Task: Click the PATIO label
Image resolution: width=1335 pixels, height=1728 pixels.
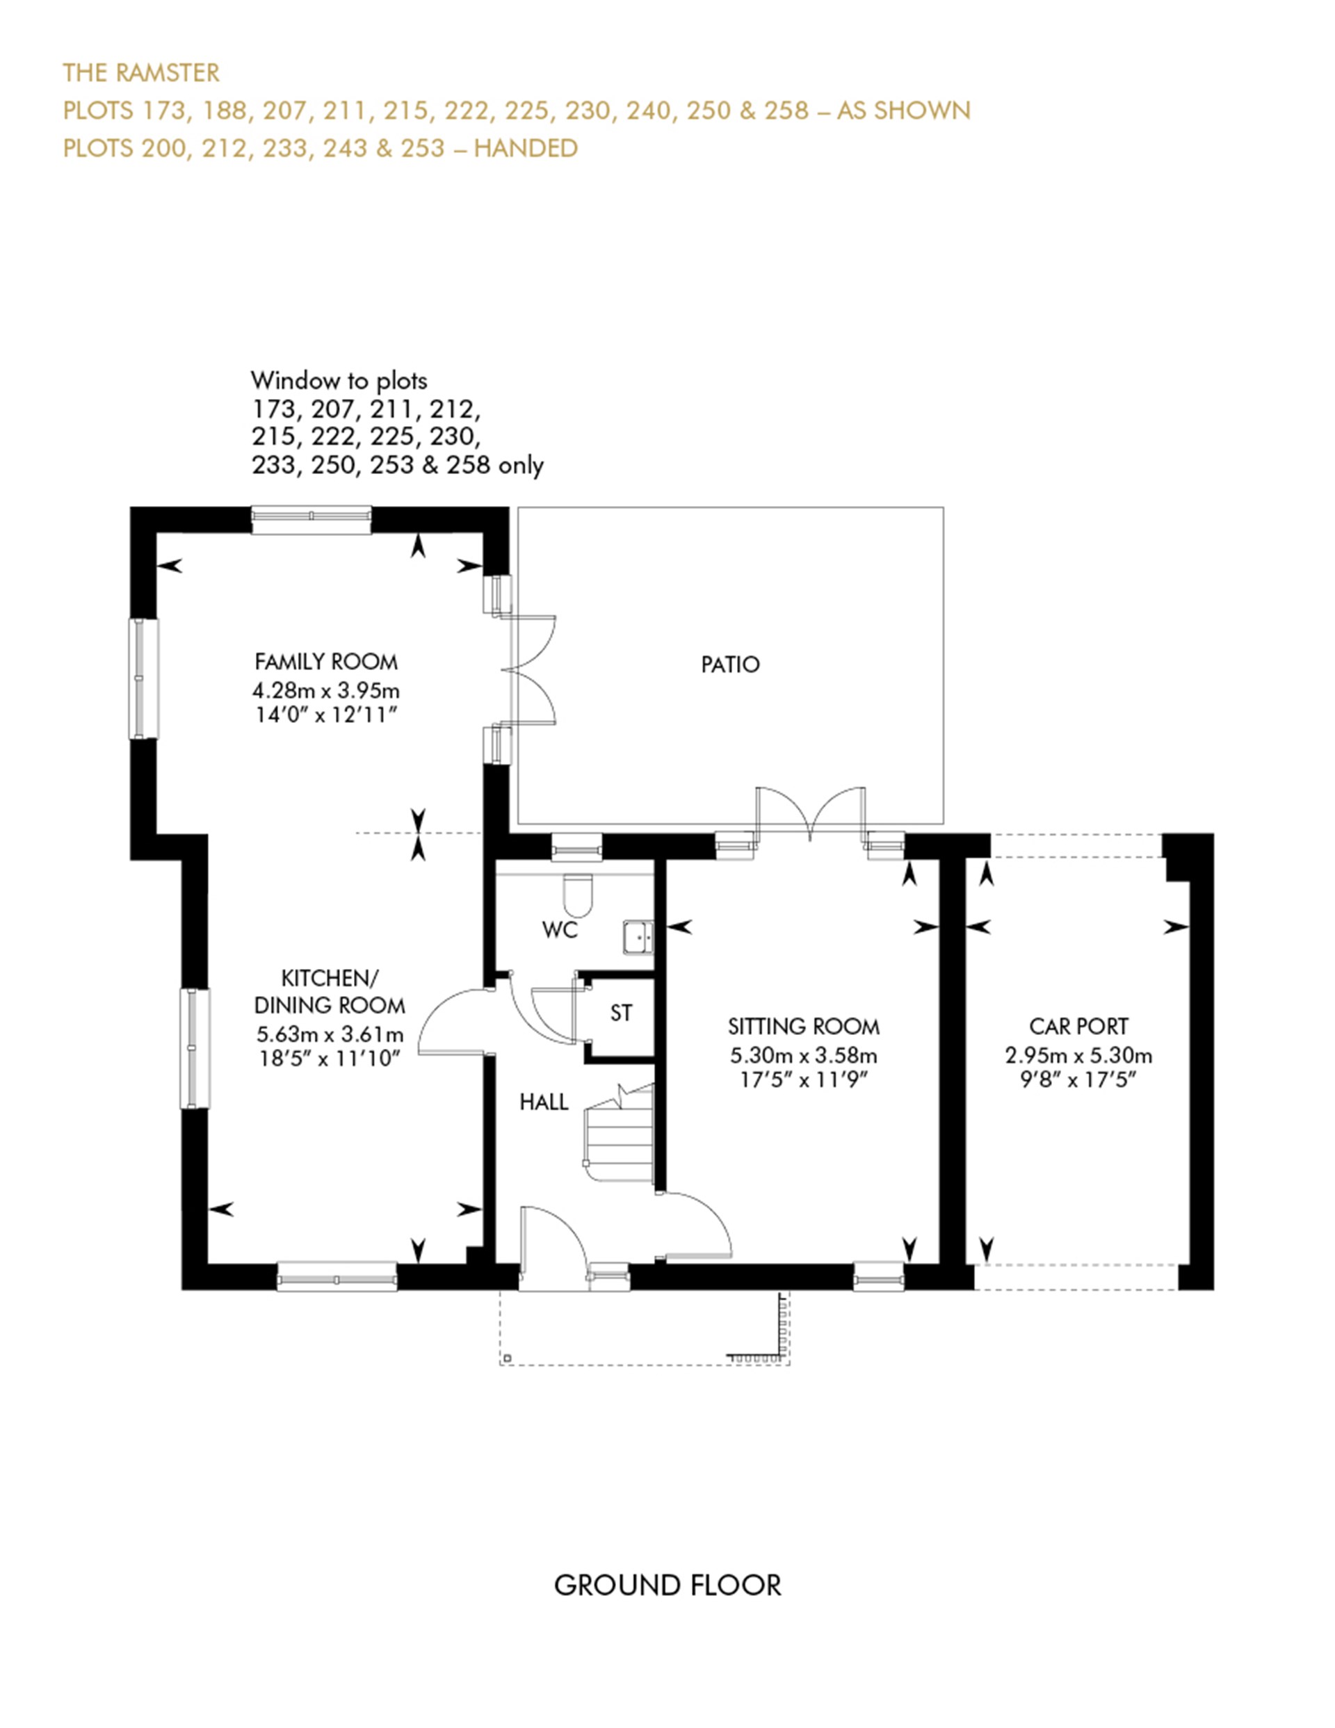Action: point(729,665)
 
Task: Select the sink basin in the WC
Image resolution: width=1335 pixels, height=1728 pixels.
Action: point(637,937)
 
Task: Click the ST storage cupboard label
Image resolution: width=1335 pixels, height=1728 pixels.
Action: point(621,1013)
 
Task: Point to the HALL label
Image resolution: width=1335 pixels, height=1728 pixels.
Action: point(544,1102)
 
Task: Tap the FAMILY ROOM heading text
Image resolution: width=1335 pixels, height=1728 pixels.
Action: point(326,662)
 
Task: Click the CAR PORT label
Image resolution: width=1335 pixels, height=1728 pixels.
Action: point(1078,1027)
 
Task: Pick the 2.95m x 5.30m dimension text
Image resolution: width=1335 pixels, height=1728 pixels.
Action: point(1078,1055)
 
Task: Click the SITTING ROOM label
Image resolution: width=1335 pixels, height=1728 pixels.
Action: point(803,1027)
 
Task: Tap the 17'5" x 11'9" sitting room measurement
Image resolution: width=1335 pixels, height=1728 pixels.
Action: point(803,1081)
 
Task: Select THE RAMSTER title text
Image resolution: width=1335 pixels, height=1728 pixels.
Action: point(141,73)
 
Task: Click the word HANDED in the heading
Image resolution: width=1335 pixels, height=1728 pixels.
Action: point(526,148)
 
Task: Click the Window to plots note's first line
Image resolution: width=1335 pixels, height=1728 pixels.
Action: point(339,381)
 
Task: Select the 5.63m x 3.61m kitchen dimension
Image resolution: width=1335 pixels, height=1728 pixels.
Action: point(329,1034)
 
